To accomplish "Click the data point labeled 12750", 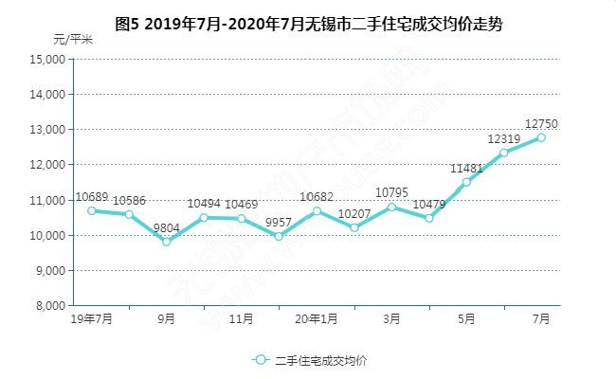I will [541, 137].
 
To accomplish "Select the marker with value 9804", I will [167, 242].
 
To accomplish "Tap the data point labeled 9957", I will [279, 236].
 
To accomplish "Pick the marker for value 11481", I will [466, 182].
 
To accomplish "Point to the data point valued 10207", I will [353, 227].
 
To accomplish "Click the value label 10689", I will [92, 194].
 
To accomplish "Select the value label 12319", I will [504, 138].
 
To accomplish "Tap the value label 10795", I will [391, 192].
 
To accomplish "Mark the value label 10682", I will [317, 196].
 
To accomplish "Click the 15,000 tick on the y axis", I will [47, 59].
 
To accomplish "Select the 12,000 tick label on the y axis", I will [47, 165].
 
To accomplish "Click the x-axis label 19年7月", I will [92, 319].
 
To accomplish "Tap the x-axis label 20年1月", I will [317, 319].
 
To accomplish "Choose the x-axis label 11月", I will [242, 319].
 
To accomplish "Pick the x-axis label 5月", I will [466, 319].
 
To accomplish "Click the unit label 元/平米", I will [73, 39].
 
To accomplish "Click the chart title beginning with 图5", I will [308, 25].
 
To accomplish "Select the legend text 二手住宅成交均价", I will [321, 360].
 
